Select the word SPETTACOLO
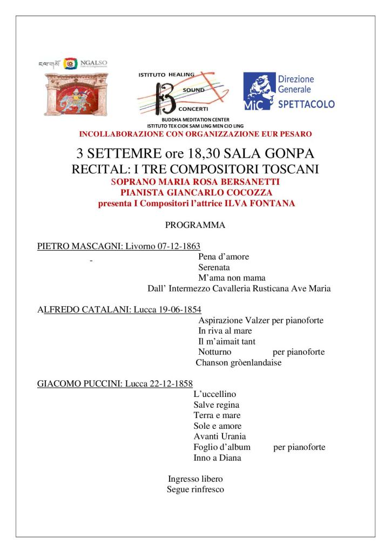(306, 104)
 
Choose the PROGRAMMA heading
(195, 225)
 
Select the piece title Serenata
(214, 267)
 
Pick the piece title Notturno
(215, 352)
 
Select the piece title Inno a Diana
(217, 457)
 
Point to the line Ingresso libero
(195, 479)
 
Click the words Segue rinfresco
(195, 490)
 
